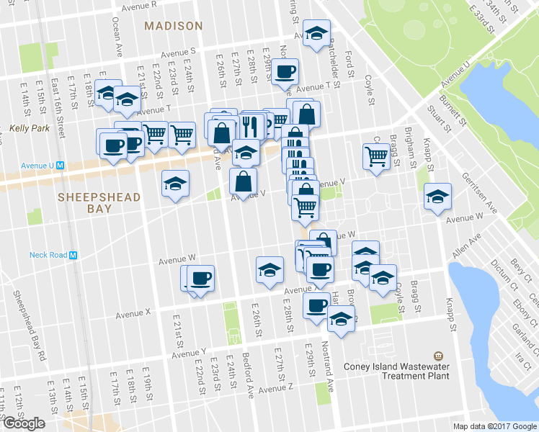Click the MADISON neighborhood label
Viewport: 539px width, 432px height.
tap(173, 26)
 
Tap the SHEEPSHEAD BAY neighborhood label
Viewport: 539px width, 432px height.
tap(85, 202)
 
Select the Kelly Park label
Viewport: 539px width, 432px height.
tap(26, 130)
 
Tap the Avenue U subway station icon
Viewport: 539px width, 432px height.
tap(61, 165)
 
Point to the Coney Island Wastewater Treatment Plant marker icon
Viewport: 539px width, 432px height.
tap(437, 356)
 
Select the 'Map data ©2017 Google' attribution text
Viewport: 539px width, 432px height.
tap(494, 426)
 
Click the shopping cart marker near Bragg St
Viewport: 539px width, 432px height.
tap(377, 156)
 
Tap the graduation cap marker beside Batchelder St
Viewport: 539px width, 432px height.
tap(316, 33)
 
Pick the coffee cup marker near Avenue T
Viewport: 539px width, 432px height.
tap(285, 71)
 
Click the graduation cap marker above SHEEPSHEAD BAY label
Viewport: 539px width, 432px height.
tap(175, 184)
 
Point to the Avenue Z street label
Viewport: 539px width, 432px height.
tap(276, 388)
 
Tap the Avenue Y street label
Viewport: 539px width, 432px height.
tap(189, 354)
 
